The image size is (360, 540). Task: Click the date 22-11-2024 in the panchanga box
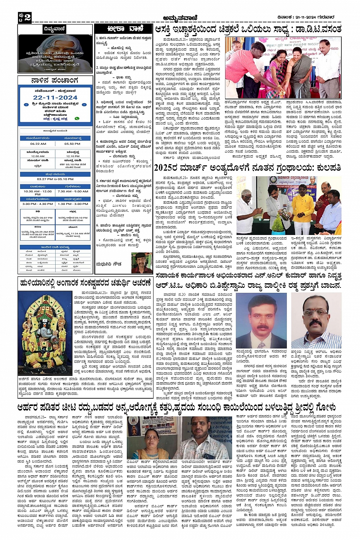coord(55,98)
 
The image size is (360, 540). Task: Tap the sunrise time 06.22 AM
coord(38,144)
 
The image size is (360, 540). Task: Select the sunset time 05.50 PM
coord(72,144)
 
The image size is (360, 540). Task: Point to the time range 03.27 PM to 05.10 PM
coord(55,179)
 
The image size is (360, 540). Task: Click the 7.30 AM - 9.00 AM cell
coord(72,192)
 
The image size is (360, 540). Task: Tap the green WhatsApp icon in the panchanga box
coord(78,118)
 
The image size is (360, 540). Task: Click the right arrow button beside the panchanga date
coord(84,104)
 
